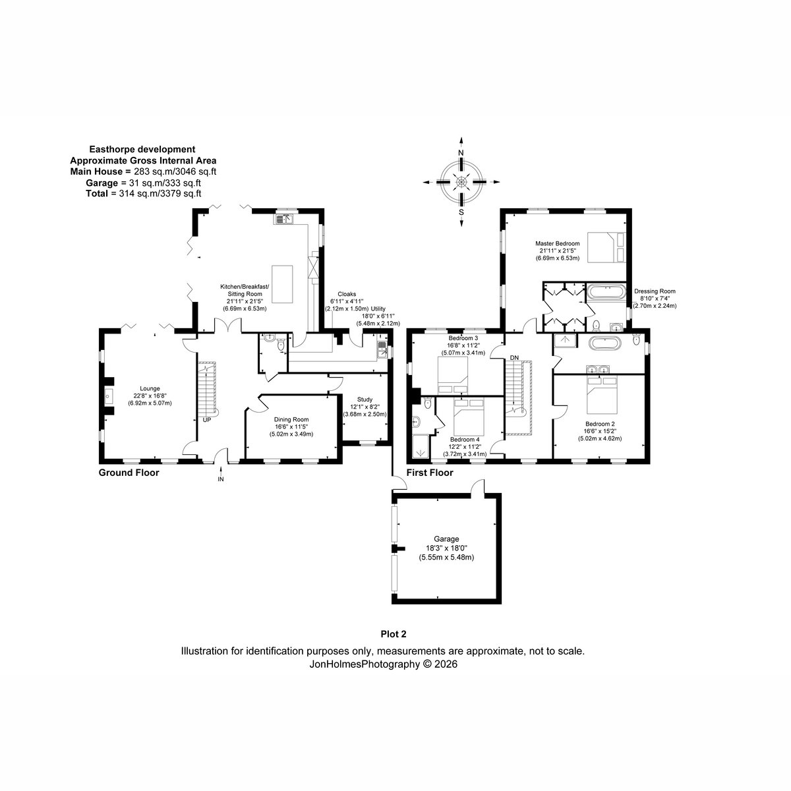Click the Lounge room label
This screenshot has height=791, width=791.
[x=150, y=388]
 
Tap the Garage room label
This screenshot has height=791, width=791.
[x=446, y=539]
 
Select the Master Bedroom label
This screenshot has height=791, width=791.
[x=557, y=243]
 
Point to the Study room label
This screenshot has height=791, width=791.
[x=365, y=399]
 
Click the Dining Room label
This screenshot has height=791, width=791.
[x=291, y=419]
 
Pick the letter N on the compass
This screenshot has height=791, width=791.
[x=461, y=153]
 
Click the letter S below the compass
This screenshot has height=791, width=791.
[x=461, y=212]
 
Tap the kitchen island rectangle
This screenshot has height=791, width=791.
[x=282, y=284]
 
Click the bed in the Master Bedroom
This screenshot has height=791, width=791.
[x=606, y=247]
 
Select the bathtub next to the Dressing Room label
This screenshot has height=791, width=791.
[x=606, y=293]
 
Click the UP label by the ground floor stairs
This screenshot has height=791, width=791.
[x=207, y=420]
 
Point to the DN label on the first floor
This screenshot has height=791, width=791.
[x=514, y=357]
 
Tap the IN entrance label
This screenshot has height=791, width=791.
[x=221, y=479]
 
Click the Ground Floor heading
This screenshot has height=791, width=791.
[x=129, y=473]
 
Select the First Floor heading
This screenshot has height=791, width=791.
[x=430, y=473]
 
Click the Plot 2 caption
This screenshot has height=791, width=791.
[x=394, y=633]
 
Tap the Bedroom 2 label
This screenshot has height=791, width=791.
[x=600, y=424]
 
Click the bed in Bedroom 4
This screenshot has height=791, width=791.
[x=469, y=417]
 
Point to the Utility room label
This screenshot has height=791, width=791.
[x=378, y=308]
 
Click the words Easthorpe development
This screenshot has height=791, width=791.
[x=142, y=150]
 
